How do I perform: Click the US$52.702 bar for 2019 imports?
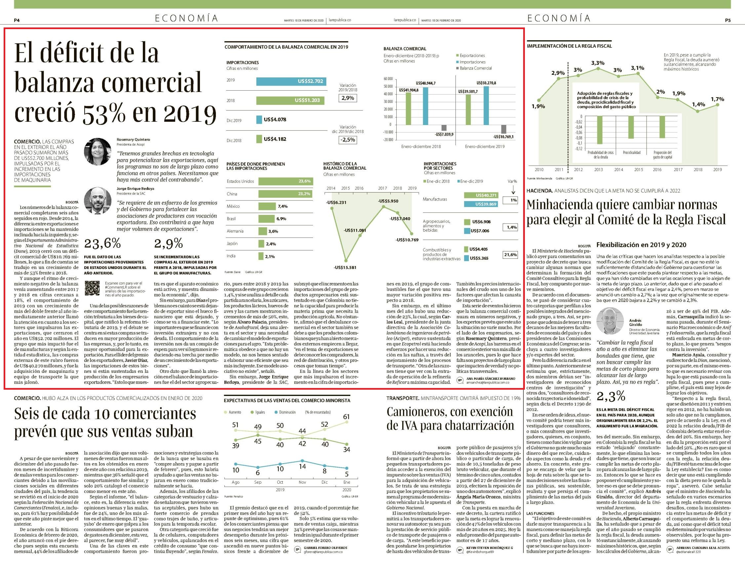click(292, 81)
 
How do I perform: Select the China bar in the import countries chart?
click(285, 194)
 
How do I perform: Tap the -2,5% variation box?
click(348, 140)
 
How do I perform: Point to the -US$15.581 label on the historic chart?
click(345, 267)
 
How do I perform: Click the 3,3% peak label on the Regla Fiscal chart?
click(598, 63)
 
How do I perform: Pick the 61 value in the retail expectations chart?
click(346, 416)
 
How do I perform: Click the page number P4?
click(17, 20)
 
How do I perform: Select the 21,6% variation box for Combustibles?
click(510, 255)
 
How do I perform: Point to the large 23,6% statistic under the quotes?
click(102, 243)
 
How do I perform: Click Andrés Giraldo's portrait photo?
click(610, 321)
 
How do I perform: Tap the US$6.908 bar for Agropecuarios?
click(467, 222)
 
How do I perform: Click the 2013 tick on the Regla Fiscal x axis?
click(598, 169)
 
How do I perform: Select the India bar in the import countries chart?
click(261, 256)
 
